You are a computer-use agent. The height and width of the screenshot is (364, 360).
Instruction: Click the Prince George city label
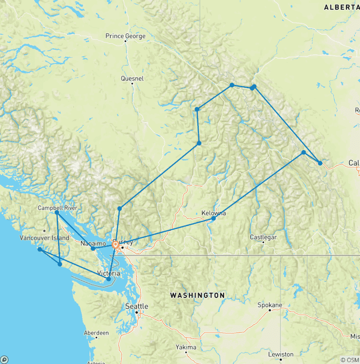coord(125,36)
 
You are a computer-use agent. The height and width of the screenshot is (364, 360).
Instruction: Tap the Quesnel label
coord(132,78)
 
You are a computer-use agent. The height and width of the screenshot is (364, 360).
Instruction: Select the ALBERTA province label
coord(341,7)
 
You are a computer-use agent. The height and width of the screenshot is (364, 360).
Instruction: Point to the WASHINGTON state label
coord(197,296)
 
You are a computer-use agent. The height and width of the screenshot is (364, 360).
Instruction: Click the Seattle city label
coord(136,306)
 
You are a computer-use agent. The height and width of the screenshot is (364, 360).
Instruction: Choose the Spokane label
coord(270,305)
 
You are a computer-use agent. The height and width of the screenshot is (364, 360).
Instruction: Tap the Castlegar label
coord(263,237)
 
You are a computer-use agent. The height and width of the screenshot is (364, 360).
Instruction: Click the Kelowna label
coord(213,213)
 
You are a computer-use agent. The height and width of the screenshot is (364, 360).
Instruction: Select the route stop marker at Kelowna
coord(214,219)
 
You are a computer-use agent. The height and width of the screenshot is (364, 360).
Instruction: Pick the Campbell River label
coord(58,208)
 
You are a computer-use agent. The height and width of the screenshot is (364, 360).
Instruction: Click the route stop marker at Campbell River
coord(57,212)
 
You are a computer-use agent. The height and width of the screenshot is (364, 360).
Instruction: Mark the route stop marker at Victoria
coord(109,279)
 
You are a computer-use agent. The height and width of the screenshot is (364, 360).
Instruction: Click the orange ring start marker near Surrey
coord(115,244)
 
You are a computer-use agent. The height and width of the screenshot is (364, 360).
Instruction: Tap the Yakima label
coord(186,348)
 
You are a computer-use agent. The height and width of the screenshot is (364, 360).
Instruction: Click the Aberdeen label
coord(96,333)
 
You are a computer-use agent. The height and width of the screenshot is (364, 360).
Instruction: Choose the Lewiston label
coord(281,355)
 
